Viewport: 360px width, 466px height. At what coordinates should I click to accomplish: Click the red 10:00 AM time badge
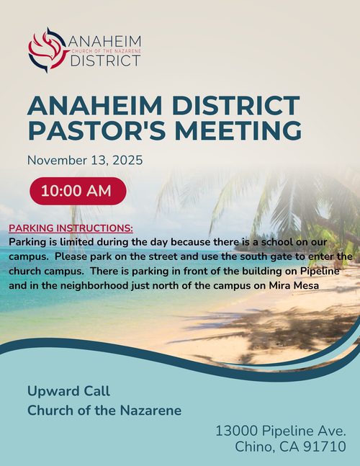coord(77,191)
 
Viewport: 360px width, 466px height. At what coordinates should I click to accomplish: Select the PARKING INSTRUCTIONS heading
coord(71,228)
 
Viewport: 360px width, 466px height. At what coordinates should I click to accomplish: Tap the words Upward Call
coord(68,391)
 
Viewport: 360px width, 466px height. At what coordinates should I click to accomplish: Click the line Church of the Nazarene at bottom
coord(104,411)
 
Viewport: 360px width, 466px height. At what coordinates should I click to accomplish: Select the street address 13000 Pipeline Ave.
coord(281,431)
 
